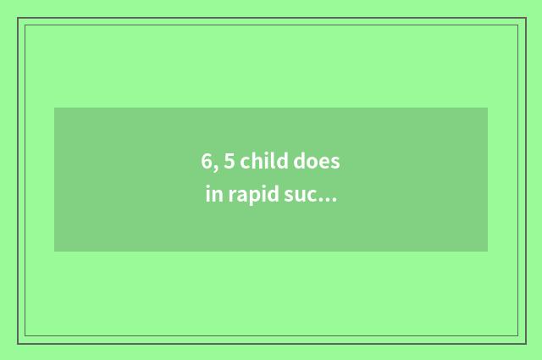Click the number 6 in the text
[x=207, y=161]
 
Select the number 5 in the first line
[x=230, y=161]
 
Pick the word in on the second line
[x=213, y=196]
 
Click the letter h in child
[x=257, y=161]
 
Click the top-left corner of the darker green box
[x=54, y=108]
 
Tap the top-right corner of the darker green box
[x=488, y=108]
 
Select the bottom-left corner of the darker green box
[x=54, y=252]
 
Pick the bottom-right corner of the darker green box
[x=488, y=252]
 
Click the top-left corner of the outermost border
[x=18, y=18]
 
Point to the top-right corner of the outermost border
[x=525, y=18]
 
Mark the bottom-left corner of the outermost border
[x=18, y=343]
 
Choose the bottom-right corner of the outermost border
[x=525, y=343]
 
